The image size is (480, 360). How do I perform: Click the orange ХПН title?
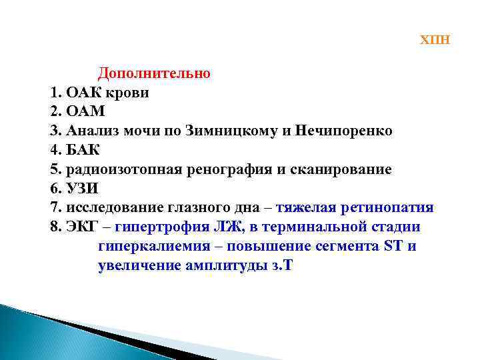435,40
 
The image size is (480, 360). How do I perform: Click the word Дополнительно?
154,73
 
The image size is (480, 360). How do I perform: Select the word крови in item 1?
129,92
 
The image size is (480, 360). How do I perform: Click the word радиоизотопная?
125,169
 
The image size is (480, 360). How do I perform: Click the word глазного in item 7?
201,208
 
